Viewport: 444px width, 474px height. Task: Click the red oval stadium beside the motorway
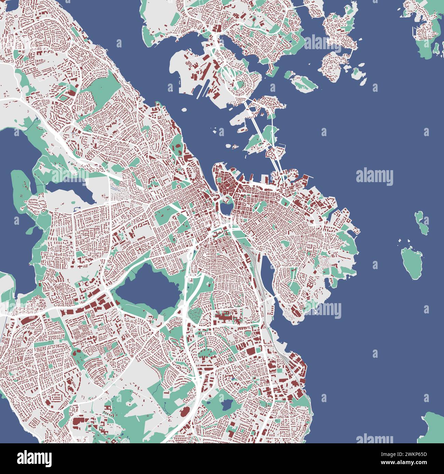184,412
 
